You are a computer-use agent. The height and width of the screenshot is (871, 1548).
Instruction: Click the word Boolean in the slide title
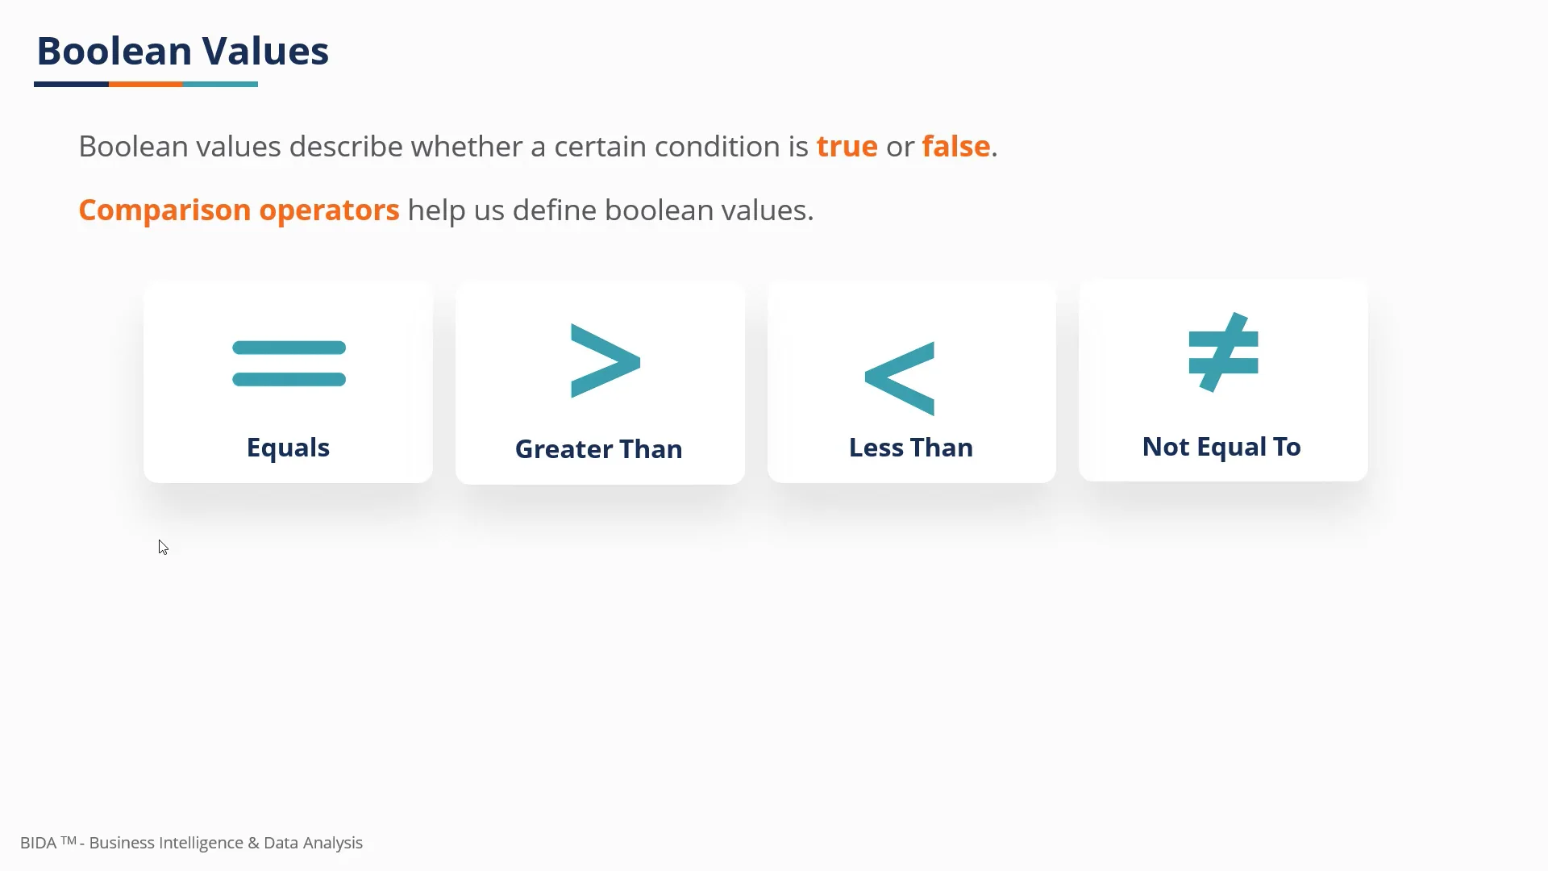(x=114, y=51)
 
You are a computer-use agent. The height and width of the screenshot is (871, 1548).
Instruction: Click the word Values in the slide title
(x=265, y=51)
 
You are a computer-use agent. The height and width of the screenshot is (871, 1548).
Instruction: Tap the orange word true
(x=847, y=147)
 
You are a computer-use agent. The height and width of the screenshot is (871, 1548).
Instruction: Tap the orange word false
(x=955, y=147)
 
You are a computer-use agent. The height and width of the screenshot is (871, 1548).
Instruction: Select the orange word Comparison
(x=164, y=210)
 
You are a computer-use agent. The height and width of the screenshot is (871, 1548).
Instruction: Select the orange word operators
(x=329, y=210)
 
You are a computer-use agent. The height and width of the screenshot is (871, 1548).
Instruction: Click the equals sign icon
(x=289, y=364)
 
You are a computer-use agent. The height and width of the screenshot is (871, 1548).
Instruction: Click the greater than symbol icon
(x=605, y=360)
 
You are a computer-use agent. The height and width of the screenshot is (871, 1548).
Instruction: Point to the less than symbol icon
(x=900, y=378)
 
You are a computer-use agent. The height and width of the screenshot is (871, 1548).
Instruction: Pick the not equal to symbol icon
(x=1223, y=352)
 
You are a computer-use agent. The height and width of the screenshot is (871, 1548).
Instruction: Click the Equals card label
(x=288, y=448)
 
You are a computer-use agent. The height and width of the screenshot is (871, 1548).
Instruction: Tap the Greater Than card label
(x=598, y=449)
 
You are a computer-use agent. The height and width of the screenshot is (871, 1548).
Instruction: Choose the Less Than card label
(x=910, y=448)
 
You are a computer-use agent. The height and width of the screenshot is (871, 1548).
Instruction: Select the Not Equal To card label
(x=1221, y=447)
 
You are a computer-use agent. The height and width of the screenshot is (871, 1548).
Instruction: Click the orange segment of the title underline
(x=145, y=84)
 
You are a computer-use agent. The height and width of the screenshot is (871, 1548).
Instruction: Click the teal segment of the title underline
(x=220, y=84)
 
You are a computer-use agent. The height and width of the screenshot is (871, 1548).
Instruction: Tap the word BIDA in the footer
(x=38, y=843)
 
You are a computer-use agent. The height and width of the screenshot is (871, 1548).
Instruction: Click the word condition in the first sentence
(x=717, y=147)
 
